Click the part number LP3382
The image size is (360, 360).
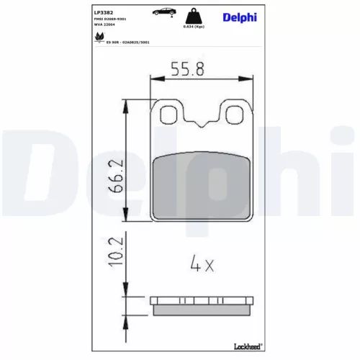point(104,12)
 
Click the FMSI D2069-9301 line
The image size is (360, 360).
point(111,19)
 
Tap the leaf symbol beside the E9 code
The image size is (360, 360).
point(99,42)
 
